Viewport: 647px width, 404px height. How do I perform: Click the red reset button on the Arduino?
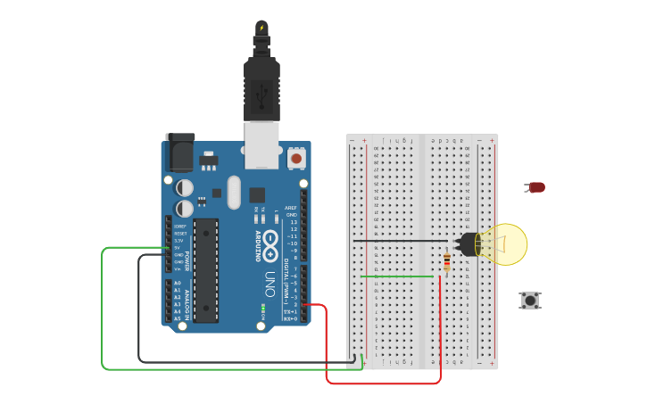point(296,158)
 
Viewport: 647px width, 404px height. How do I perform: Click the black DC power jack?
point(179,153)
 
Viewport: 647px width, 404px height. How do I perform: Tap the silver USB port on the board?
point(261,144)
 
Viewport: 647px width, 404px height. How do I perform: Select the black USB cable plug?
point(261,89)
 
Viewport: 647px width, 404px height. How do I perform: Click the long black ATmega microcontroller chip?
point(206,269)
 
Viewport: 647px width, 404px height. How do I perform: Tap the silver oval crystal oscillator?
point(234,192)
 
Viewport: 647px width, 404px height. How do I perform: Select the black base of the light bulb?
point(466,243)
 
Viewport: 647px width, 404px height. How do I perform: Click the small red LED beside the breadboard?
point(536,187)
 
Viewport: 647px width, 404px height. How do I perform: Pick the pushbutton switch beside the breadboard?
point(530,301)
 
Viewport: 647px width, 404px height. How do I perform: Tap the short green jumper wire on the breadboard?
point(397,276)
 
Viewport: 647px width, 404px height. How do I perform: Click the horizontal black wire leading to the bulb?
point(402,241)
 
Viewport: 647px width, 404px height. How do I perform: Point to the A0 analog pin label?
point(177,283)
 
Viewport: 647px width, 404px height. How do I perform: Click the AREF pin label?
point(292,207)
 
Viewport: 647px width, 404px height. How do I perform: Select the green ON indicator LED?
point(263,309)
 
